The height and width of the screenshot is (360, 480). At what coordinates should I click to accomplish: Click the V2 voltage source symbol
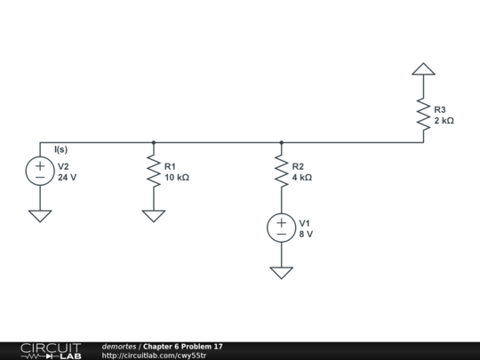pyautogui.click(x=40, y=172)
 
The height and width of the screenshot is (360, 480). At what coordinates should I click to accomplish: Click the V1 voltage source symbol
pyautogui.click(x=281, y=228)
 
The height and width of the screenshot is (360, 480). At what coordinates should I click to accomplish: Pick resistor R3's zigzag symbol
pyautogui.click(x=424, y=115)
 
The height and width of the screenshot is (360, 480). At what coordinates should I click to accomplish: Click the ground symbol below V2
pyautogui.click(x=40, y=215)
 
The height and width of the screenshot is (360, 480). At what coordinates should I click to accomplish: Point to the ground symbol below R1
pyautogui.click(x=154, y=215)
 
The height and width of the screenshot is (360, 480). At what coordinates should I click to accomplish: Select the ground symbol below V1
pyautogui.click(x=281, y=272)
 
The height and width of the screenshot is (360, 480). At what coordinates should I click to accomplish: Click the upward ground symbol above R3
pyautogui.click(x=424, y=68)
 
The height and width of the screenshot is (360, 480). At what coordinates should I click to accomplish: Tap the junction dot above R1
pyautogui.click(x=154, y=142)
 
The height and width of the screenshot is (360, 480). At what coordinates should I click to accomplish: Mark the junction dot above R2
pyautogui.click(x=281, y=142)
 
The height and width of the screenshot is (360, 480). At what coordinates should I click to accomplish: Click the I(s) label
pyautogui.click(x=60, y=150)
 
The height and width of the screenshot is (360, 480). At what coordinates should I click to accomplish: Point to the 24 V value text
pyautogui.click(x=68, y=178)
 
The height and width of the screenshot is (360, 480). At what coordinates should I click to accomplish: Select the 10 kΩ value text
pyautogui.click(x=177, y=178)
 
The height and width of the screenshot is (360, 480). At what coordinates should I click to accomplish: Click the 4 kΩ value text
pyautogui.click(x=302, y=178)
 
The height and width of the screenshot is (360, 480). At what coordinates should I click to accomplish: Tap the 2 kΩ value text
pyautogui.click(x=444, y=121)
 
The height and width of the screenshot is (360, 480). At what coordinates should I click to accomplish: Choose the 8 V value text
pyautogui.click(x=306, y=235)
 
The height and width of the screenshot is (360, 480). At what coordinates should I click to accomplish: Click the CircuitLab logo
pyautogui.click(x=51, y=350)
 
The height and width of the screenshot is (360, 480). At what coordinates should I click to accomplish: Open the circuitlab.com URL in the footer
pyautogui.click(x=154, y=356)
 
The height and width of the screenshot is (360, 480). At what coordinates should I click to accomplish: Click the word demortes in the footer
pyautogui.click(x=119, y=346)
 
